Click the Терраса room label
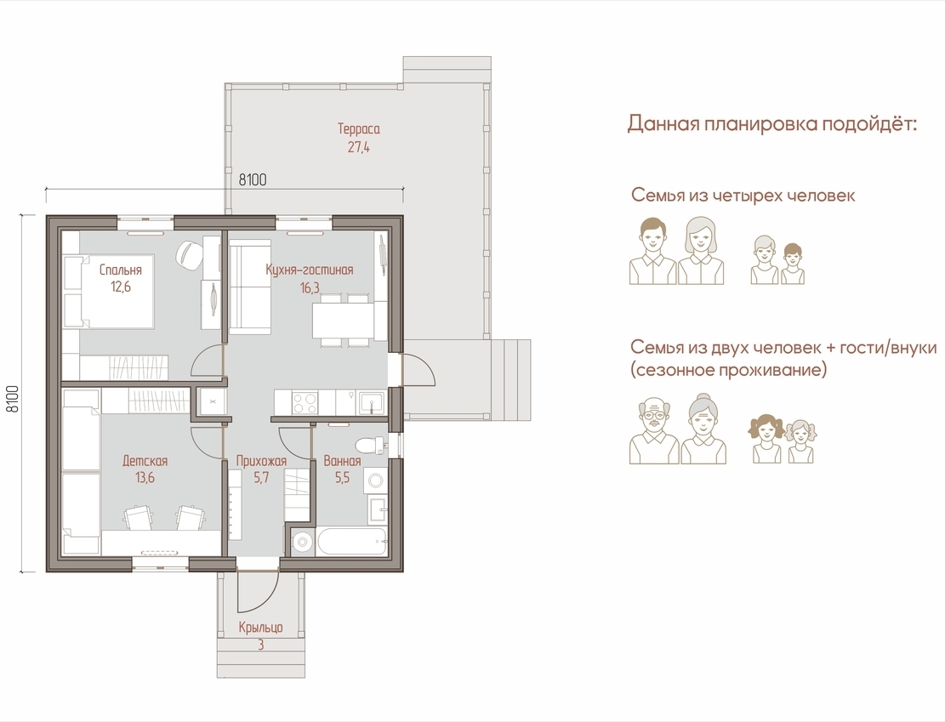click(359, 129)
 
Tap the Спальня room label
click(121, 270)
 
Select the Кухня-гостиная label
click(310, 270)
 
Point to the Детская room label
click(145, 461)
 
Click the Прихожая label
click(261, 461)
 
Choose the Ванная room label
click(342, 461)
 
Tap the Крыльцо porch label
click(260, 628)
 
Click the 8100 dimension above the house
click(253, 179)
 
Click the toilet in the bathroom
click(369, 446)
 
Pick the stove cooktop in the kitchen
click(305, 402)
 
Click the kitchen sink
click(372, 402)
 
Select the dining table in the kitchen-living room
click(343, 321)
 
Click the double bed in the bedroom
click(109, 292)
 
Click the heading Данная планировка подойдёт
click(772, 124)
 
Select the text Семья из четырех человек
click(743, 196)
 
